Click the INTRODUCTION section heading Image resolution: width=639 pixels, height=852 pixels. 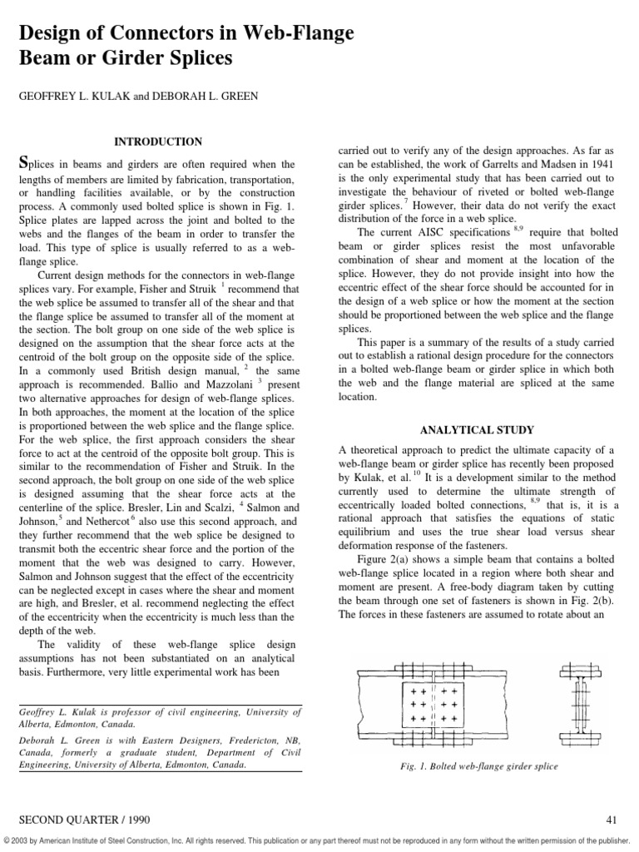[x=157, y=142]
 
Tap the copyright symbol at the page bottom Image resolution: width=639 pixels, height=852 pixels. [x=7, y=841]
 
